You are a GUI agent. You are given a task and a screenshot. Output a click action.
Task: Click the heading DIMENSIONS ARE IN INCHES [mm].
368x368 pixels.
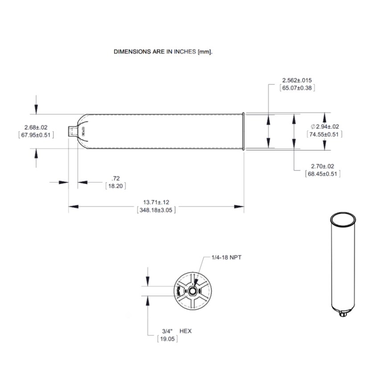163,52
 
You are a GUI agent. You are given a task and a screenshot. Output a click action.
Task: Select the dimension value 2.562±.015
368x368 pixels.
297,80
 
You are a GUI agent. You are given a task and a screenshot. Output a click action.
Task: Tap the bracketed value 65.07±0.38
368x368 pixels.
297,88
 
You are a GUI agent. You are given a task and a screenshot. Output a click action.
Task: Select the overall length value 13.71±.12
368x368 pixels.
156,202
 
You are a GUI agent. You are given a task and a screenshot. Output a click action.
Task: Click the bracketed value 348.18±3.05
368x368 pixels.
156,210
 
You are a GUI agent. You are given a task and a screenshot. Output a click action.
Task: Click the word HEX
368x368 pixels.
185,331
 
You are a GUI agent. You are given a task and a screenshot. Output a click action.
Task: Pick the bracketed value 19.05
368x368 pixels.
167,339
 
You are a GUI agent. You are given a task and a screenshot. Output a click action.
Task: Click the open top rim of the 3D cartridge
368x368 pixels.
343,219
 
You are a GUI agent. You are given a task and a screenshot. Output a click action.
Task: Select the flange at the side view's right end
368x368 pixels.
243,131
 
